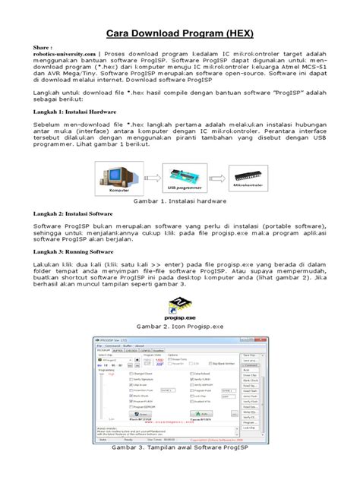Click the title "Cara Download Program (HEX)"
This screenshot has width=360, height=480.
click(179, 34)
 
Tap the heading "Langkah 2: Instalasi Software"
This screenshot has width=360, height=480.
click(74, 215)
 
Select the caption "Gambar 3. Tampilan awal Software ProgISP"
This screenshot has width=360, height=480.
click(180, 469)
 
